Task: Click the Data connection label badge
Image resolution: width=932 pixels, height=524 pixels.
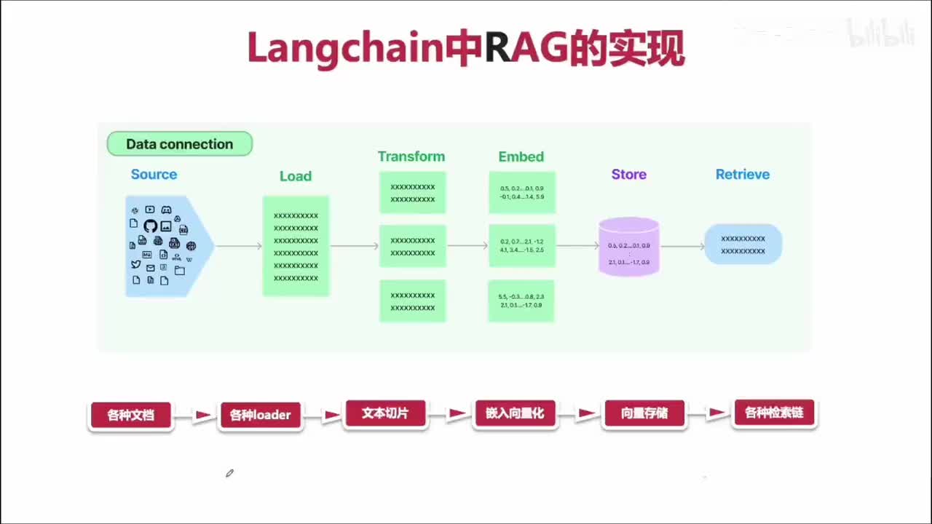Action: [179, 144]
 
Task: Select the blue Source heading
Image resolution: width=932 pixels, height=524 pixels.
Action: [154, 175]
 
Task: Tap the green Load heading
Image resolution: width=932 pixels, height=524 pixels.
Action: [295, 176]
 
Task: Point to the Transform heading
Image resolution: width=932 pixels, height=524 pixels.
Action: [411, 156]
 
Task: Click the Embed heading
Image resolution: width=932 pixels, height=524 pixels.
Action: [521, 156]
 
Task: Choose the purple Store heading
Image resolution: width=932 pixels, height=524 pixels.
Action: [628, 175]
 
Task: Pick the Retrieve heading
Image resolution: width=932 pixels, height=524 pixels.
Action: [742, 175]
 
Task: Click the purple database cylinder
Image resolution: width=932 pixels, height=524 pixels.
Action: [628, 247]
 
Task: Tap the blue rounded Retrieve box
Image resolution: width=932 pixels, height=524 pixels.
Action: [743, 245]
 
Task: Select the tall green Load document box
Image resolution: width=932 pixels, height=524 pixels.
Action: [296, 246]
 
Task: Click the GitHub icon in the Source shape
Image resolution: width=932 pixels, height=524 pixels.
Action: [151, 226]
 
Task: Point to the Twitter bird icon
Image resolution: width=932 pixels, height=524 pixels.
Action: [135, 264]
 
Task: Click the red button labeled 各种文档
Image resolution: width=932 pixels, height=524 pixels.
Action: [130, 416]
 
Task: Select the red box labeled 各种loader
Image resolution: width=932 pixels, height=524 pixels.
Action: [260, 416]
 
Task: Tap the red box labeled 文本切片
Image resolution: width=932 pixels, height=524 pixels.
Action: [385, 413]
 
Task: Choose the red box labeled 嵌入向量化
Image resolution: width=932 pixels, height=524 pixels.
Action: [514, 413]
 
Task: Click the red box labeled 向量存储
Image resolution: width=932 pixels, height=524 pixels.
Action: [644, 414]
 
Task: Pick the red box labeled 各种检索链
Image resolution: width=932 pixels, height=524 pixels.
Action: [773, 413]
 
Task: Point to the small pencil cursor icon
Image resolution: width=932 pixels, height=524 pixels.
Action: [229, 473]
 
